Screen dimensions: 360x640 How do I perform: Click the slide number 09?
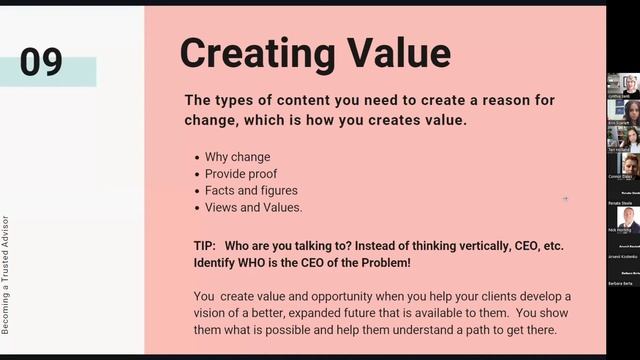click(x=41, y=62)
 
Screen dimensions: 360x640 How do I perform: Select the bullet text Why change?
click(x=237, y=157)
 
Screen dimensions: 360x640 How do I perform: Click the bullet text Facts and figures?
click(x=251, y=190)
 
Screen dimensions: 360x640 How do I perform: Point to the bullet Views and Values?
click(x=253, y=207)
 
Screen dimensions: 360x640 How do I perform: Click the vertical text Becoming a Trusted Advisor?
click(x=6, y=275)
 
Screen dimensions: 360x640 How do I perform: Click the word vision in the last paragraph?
click(x=215, y=313)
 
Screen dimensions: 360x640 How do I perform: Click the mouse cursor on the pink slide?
click(x=565, y=198)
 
